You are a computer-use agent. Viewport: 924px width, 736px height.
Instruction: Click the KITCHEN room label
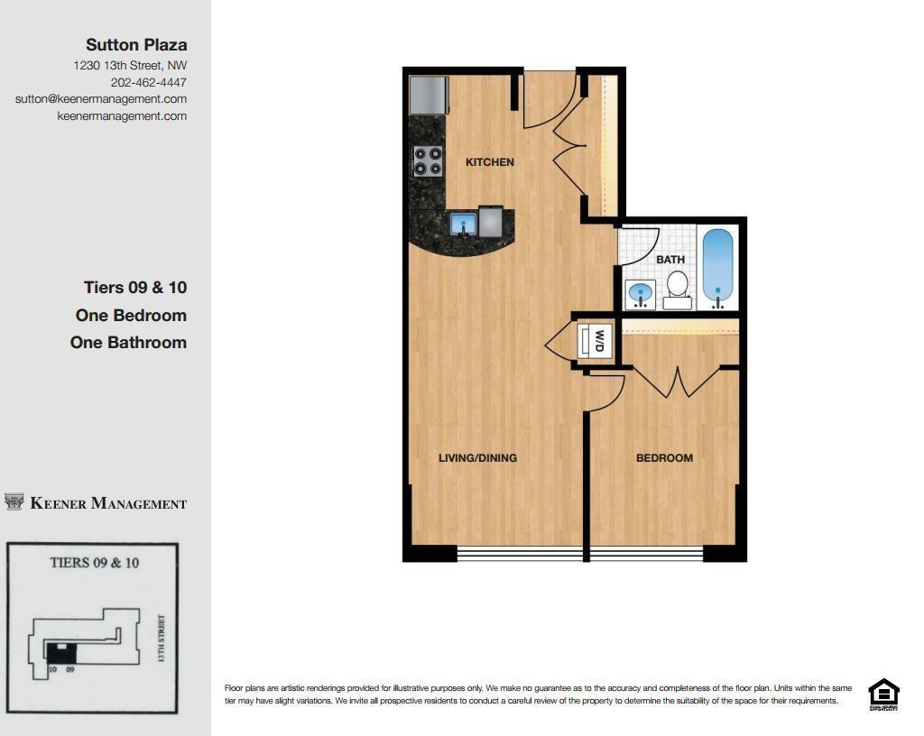489,162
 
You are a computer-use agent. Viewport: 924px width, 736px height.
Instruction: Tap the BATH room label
670,260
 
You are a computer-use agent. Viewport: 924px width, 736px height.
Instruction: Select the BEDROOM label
664,458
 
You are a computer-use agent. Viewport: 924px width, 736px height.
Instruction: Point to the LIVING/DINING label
477,458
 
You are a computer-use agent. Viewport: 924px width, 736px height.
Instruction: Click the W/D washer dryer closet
596,341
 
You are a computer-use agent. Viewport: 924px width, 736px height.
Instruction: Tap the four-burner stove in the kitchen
428,161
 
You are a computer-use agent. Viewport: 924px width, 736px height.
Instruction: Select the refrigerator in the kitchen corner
429,95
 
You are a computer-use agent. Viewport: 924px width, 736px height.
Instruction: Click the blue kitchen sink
464,223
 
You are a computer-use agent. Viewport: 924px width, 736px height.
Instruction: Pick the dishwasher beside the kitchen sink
490,221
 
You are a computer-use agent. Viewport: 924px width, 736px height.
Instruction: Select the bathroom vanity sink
640,293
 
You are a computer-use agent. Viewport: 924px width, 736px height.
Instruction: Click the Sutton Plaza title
136,44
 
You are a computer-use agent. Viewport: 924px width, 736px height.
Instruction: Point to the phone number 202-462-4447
149,82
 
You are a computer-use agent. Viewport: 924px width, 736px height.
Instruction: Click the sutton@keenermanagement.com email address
101,99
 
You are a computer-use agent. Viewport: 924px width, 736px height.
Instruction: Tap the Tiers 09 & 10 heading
135,288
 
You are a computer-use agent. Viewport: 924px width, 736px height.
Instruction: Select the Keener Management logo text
108,503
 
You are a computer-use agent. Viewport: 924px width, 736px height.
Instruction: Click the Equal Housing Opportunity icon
882,695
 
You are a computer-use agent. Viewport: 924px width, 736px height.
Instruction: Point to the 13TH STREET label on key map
162,639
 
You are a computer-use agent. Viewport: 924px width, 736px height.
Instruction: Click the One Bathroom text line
128,343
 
